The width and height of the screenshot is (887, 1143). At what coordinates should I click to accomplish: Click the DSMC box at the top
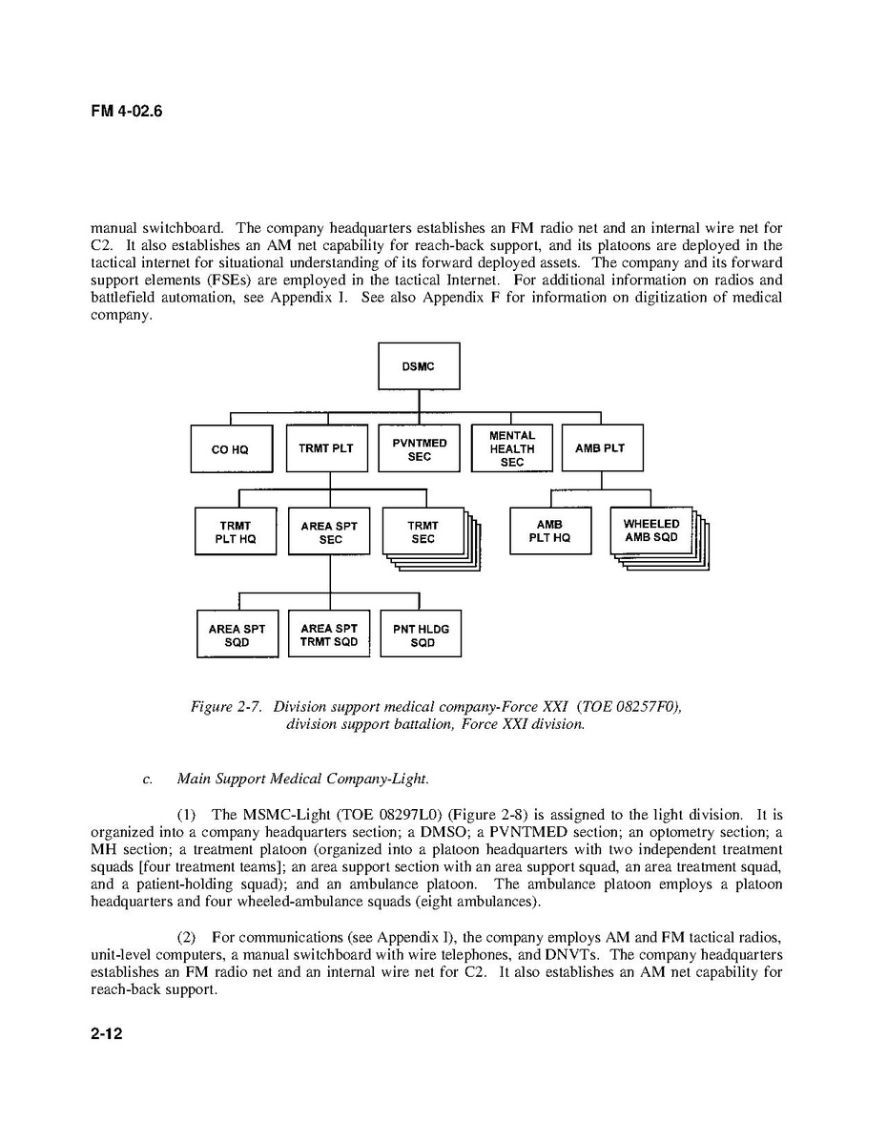click(x=419, y=366)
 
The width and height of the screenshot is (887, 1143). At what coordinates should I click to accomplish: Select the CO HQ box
click(x=230, y=449)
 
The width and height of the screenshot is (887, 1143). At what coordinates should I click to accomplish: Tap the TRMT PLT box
click(x=326, y=448)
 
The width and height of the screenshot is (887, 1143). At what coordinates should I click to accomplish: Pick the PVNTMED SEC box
click(x=419, y=449)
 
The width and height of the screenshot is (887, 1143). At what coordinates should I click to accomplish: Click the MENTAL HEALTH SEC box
click(x=512, y=448)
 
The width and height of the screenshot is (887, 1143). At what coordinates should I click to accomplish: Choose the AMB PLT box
click(x=601, y=448)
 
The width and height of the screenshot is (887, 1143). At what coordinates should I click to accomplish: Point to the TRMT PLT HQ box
click(x=236, y=531)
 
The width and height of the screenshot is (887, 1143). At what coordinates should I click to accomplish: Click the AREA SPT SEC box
click(x=329, y=531)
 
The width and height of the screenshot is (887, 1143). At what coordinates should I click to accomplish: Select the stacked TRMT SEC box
click(x=423, y=531)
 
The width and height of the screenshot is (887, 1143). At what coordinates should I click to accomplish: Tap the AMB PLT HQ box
click(x=549, y=530)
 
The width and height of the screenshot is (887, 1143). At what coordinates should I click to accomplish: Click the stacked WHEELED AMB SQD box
click(x=651, y=530)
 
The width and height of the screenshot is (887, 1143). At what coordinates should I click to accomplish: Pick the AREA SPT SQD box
click(x=237, y=634)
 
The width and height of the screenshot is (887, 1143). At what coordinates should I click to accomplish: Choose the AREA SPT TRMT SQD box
click(x=329, y=634)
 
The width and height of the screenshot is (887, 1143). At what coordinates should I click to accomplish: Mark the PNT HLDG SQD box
click(x=421, y=634)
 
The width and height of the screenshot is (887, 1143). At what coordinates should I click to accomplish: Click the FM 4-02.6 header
click(x=127, y=112)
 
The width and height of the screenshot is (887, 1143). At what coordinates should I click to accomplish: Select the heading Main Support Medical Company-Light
click(x=302, y=779)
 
